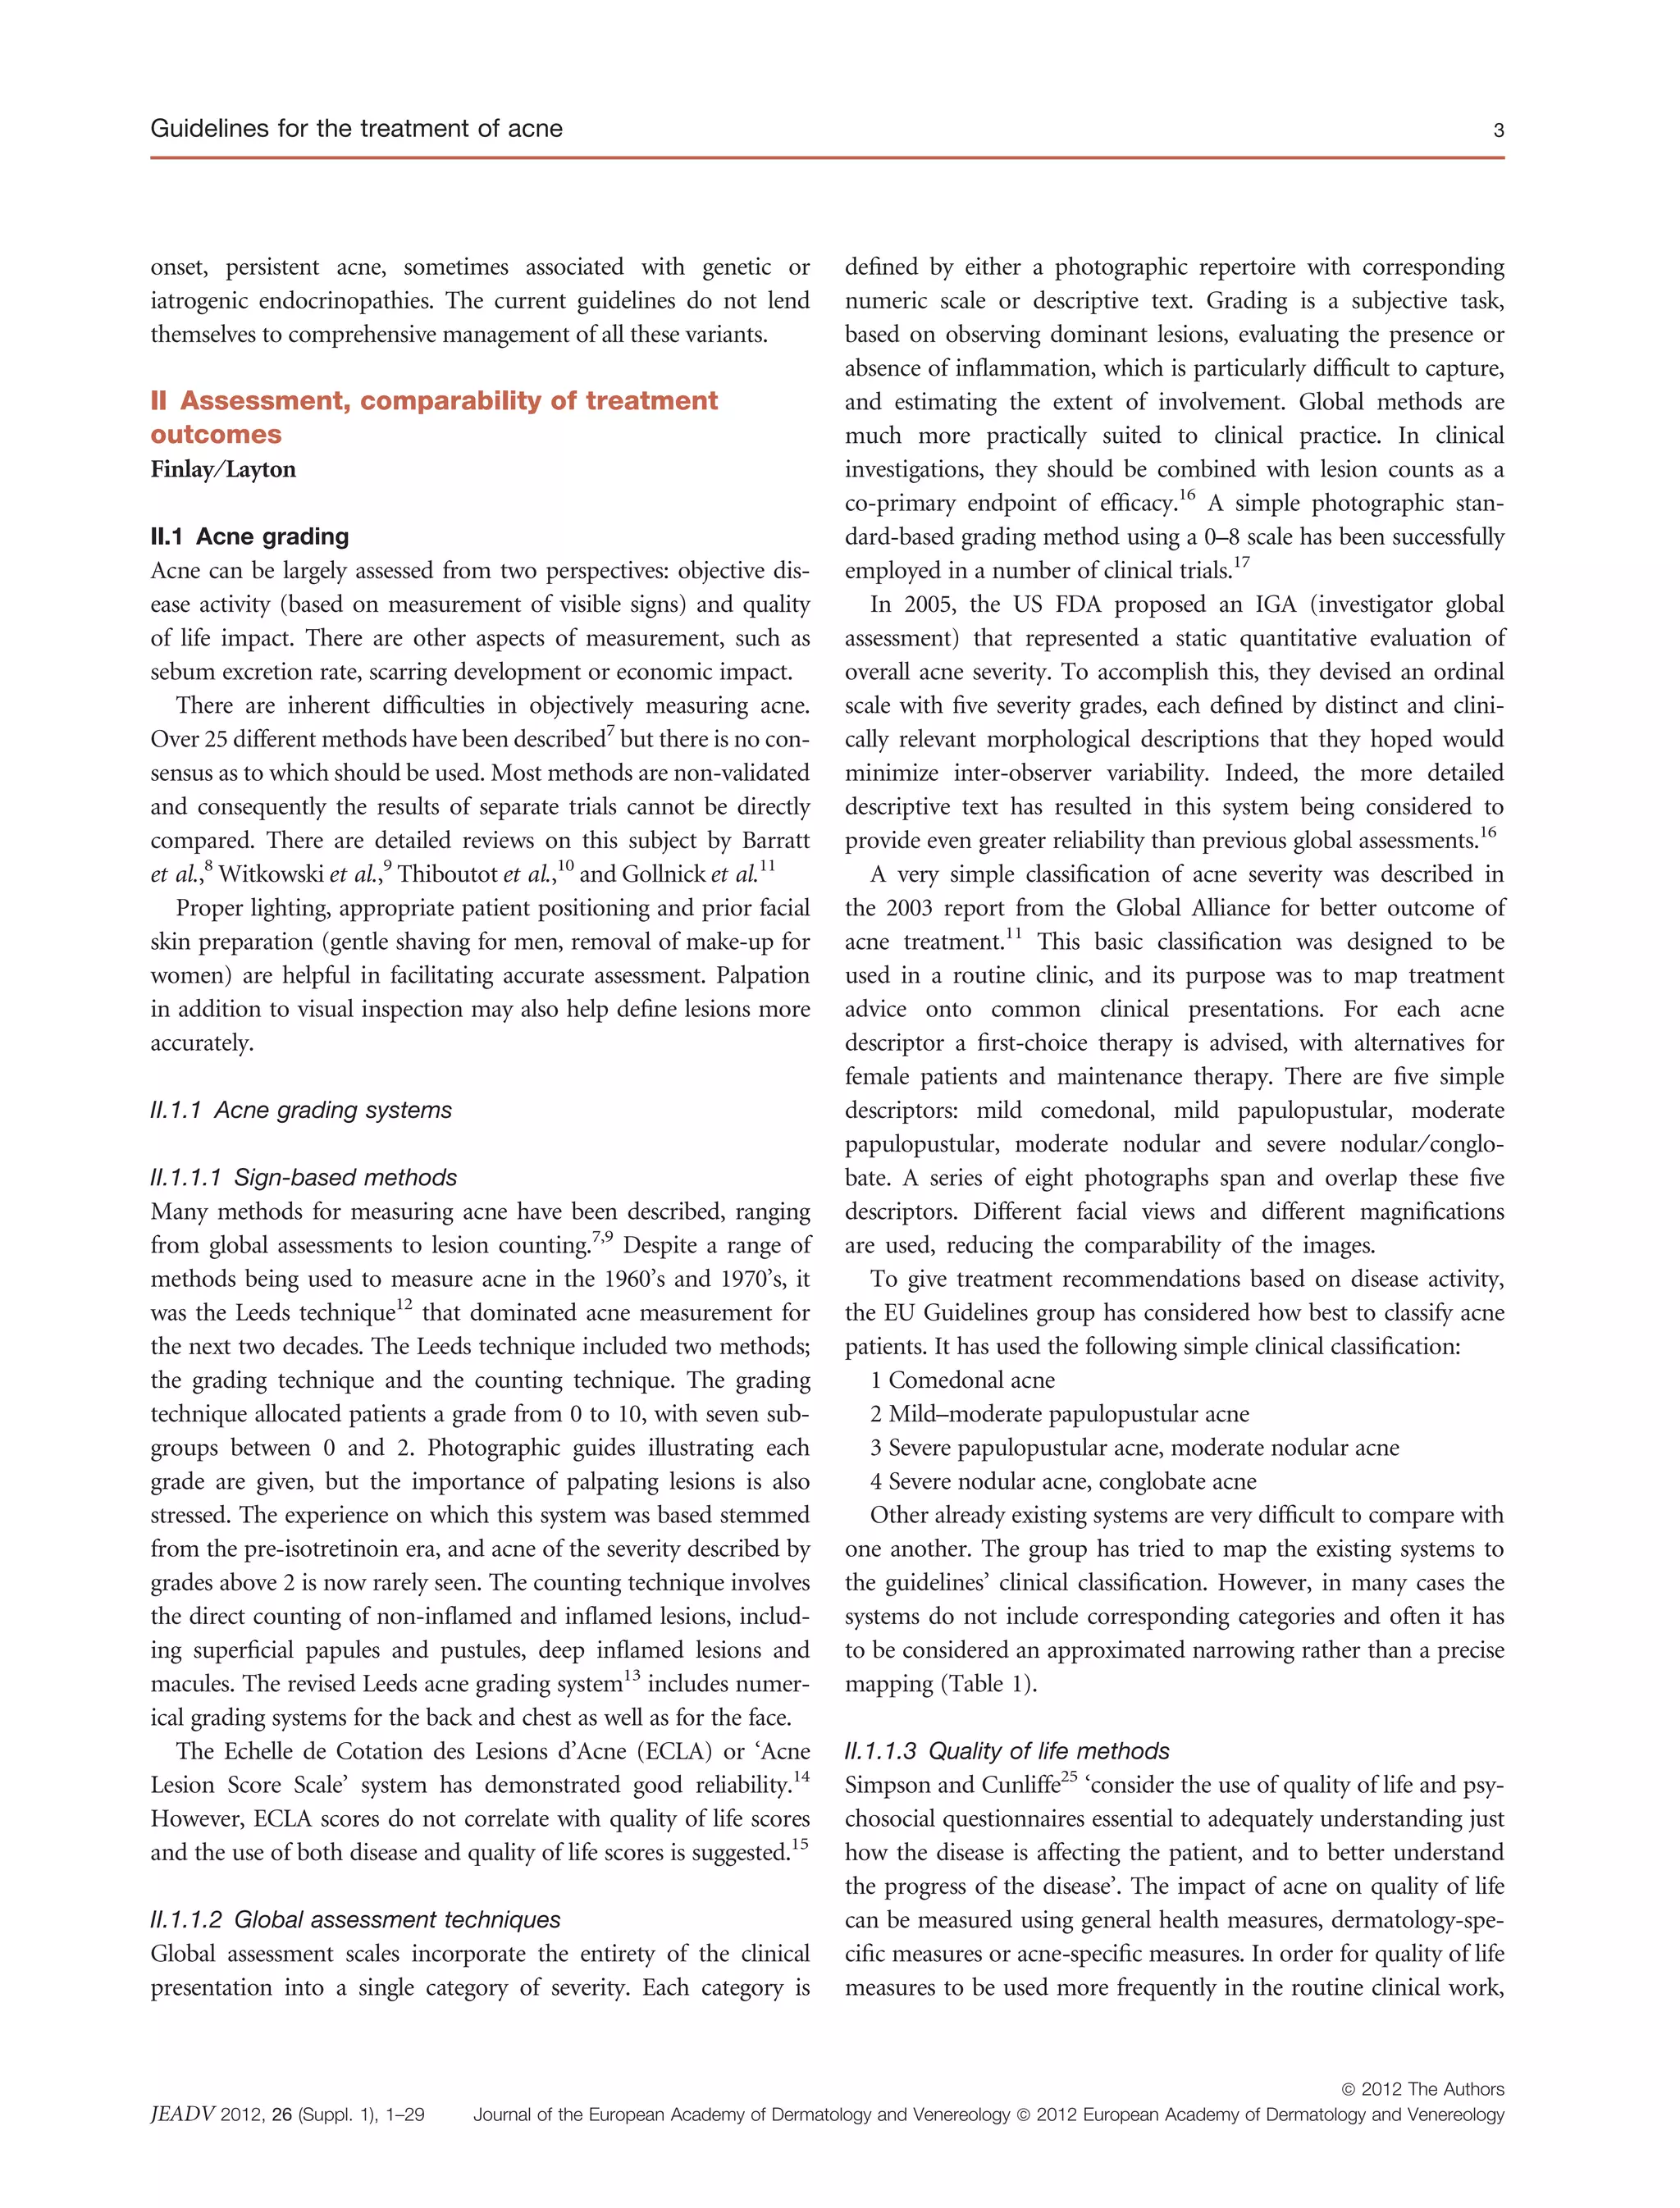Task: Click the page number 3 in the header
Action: pos(1497,130)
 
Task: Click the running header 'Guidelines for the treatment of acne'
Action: pos(356,129)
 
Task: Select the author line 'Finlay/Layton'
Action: pos(223,469)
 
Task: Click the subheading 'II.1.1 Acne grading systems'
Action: pos(300,1110)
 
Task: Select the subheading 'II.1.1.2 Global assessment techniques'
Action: pos(355,1919)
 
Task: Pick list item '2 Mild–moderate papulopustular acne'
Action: pos(1059,1414)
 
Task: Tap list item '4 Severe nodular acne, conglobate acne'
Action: pos(1063,1481)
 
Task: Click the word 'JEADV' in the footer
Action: pos(181,2114)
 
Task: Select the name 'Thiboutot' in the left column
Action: pos(448,874)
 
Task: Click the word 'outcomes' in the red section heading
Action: pos(216,434)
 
